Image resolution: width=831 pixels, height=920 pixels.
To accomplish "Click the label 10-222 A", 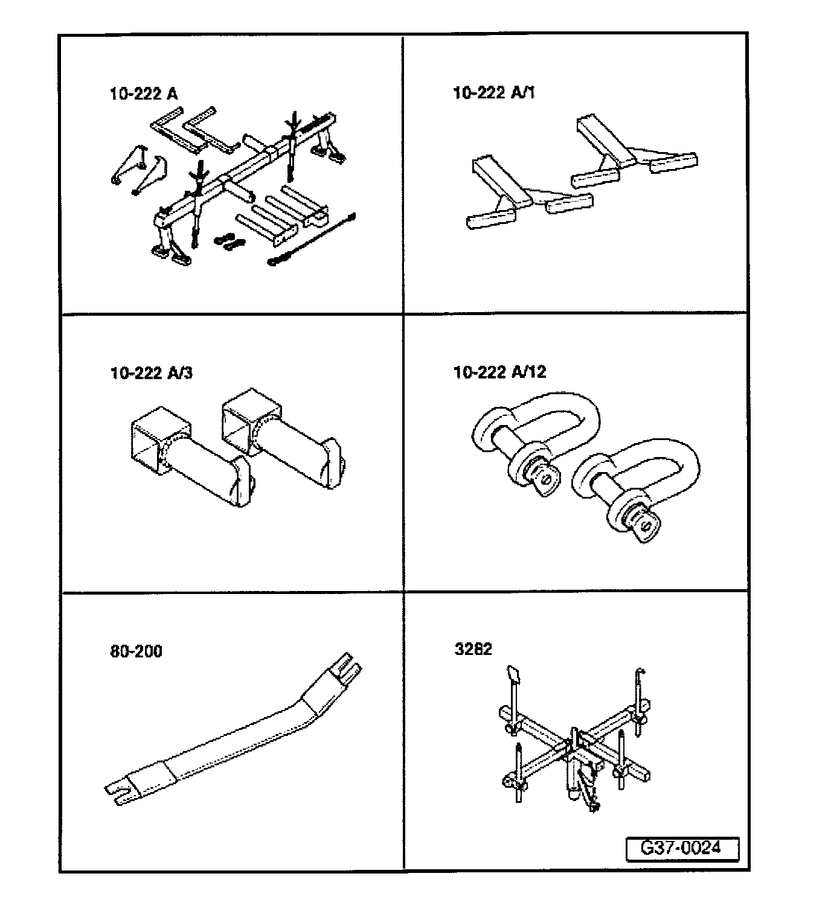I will tap(143, 94).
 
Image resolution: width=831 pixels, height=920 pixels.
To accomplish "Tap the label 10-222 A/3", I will tap(151, 372).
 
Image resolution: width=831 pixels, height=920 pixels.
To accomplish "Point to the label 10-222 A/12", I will tap(499, 372).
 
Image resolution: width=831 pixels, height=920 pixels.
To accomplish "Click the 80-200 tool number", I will tap(136, 651).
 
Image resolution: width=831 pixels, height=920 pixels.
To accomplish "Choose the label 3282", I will tap(473, 649).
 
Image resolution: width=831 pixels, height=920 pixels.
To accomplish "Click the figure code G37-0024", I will tap(681, 848).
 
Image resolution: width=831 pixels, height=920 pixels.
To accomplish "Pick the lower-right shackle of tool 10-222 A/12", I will tap(634, 488).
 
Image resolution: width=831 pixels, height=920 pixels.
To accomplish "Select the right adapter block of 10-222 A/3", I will tap(281, 435).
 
